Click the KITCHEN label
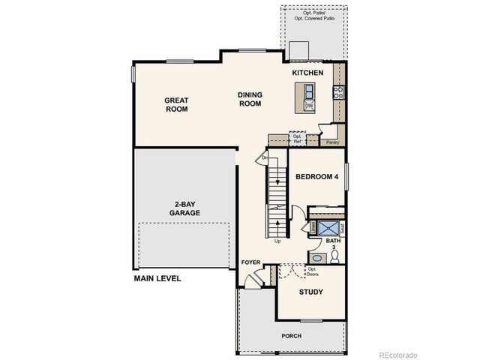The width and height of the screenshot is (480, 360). (307, 73)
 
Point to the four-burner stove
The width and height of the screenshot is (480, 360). (338, 92)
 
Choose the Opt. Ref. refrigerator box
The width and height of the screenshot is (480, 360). (298, 138)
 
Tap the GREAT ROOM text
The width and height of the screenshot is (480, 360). (176, 104)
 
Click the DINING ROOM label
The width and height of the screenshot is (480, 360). (250, 99)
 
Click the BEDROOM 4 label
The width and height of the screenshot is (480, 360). (316, 178)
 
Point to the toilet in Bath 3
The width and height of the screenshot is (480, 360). (334, 257)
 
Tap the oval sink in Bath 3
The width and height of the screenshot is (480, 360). (316, 258)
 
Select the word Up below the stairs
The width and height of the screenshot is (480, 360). (277, 241)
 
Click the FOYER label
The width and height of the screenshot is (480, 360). (250, 262)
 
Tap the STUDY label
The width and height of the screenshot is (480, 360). (310, 291)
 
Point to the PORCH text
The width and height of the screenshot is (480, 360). (292, 335)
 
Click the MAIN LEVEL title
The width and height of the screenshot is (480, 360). (157, 277)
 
